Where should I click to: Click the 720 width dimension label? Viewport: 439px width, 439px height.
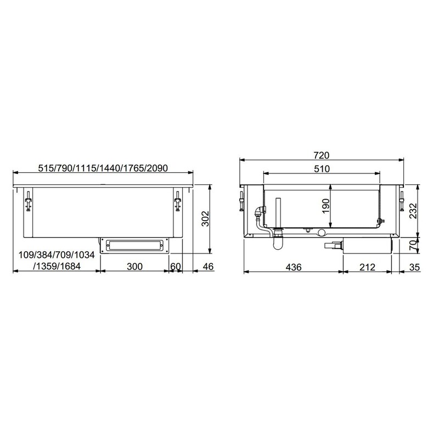click(x=322, y=155)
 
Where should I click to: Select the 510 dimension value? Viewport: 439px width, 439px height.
click(x=322, y=169)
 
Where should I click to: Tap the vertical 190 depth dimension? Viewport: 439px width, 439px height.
click(x=325, y=206)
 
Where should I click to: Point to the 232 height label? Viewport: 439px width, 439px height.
click(x=413, y=211)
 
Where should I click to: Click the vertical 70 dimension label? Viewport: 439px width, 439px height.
click(x=413, y=245)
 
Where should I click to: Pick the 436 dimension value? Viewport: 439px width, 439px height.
click(x=294, y=267)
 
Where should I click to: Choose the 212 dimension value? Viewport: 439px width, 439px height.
click(x=367, y=267)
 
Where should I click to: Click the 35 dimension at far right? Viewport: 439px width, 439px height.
click(x=415, y=267)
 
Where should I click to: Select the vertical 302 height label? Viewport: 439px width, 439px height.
click(x=205, y=218)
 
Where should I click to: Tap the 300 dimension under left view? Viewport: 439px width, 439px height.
click(x=134, y=266)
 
